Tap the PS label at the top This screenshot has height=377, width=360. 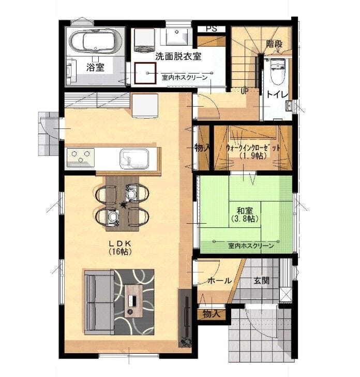click(x=212, y=28)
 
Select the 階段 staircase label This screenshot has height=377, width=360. click(x=274, y=44)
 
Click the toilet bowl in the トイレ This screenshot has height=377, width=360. click(x=277, y=71)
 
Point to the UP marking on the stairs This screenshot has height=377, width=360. click(x=245, y=91)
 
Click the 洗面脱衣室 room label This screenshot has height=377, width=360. click(x=178, y=56)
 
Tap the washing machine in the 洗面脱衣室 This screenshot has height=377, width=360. click(x=144, y=40)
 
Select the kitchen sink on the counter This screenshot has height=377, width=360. click(x=134, y=158)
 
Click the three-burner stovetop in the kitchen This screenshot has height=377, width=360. click(x=81, y=157)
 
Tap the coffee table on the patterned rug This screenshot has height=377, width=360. click(x=133, y=301)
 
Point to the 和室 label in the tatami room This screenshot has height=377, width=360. click(x=245, y=211)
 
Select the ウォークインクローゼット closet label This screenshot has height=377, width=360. click(x=253, y=148)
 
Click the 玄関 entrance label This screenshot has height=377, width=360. click(x=262, y=280)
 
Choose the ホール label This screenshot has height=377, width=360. click(x=219, y=281)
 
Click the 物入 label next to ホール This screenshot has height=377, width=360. click(x=212, y=313)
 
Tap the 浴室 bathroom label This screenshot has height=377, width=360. click(x=95, y=67)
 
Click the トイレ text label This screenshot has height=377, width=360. click(x=277, y=94)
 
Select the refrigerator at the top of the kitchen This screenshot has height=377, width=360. click(x=145, y=106)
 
